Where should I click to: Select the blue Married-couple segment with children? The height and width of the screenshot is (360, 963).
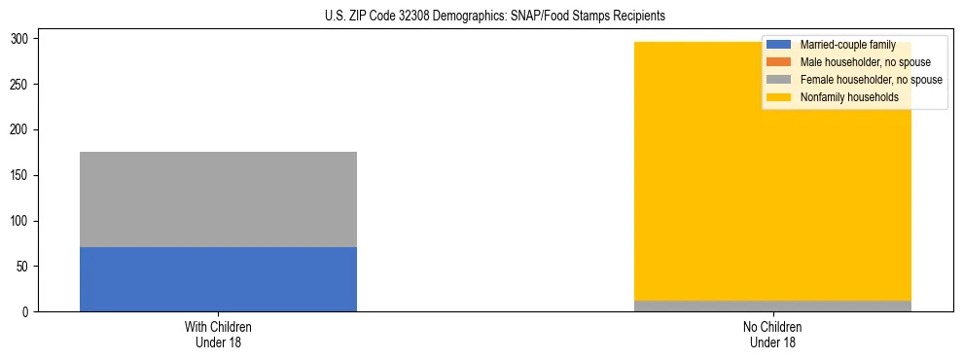[218, 279]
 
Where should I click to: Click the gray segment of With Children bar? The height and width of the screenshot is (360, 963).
[218, 199]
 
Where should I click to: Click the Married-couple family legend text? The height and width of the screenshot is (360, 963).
[847, 45]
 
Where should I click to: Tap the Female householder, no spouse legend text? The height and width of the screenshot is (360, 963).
[871, 80]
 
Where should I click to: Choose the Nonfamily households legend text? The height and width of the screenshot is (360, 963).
[849, 97]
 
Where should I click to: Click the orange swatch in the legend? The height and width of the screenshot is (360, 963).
[779, 62]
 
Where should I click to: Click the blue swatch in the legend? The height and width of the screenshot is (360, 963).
[779, 45]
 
